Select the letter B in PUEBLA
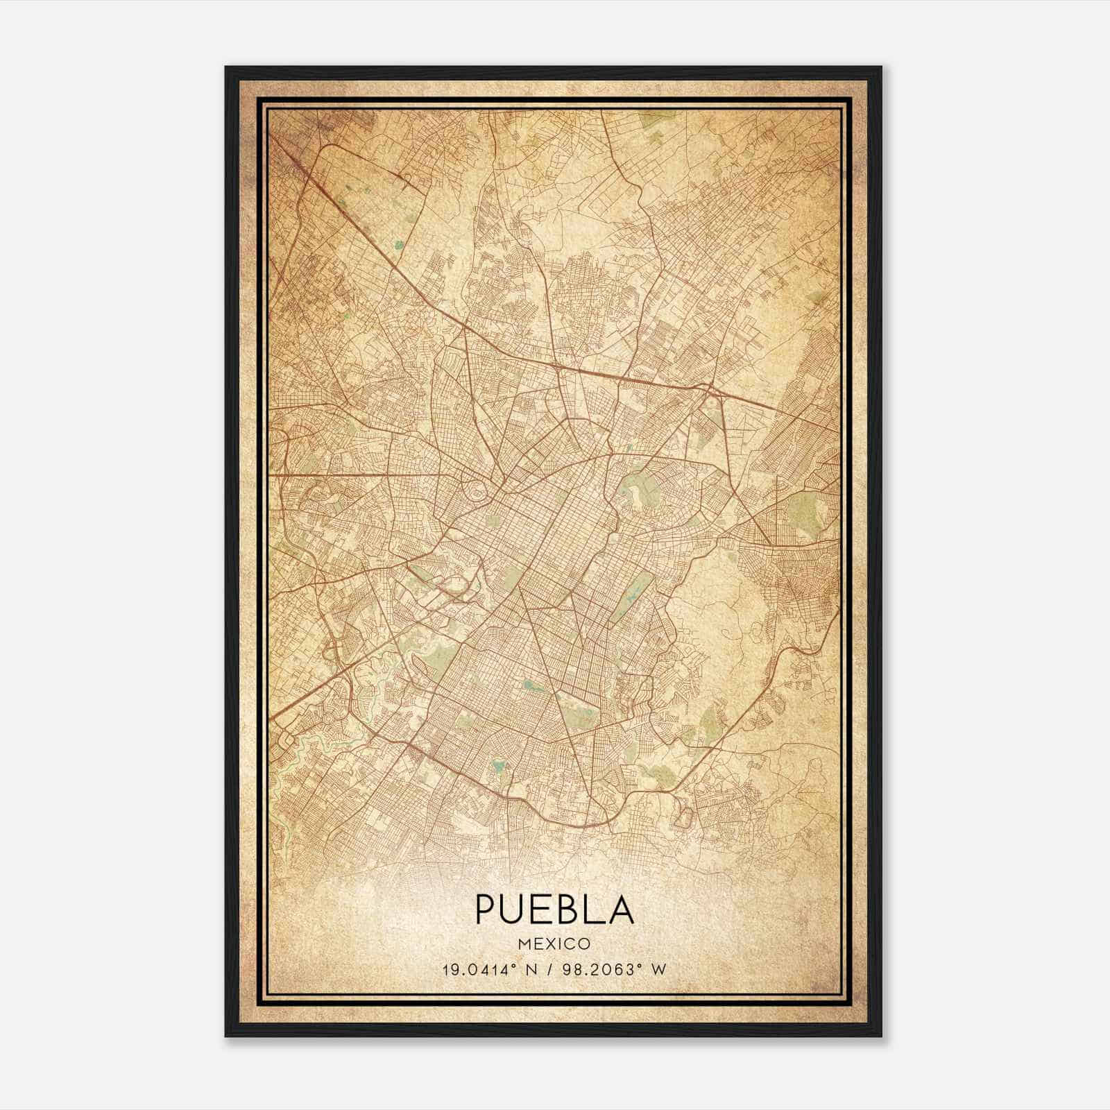click(x=573, y=910)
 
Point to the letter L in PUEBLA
click(x=598, y=910)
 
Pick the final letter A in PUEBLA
click(x=623, y=910)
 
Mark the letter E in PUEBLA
click(x=545, y=910)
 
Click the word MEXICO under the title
click(x=554, y=944)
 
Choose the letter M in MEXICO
click(x=525, y=944)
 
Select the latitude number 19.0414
click(x=472, y=970)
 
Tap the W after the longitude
click(x=659, y=970)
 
